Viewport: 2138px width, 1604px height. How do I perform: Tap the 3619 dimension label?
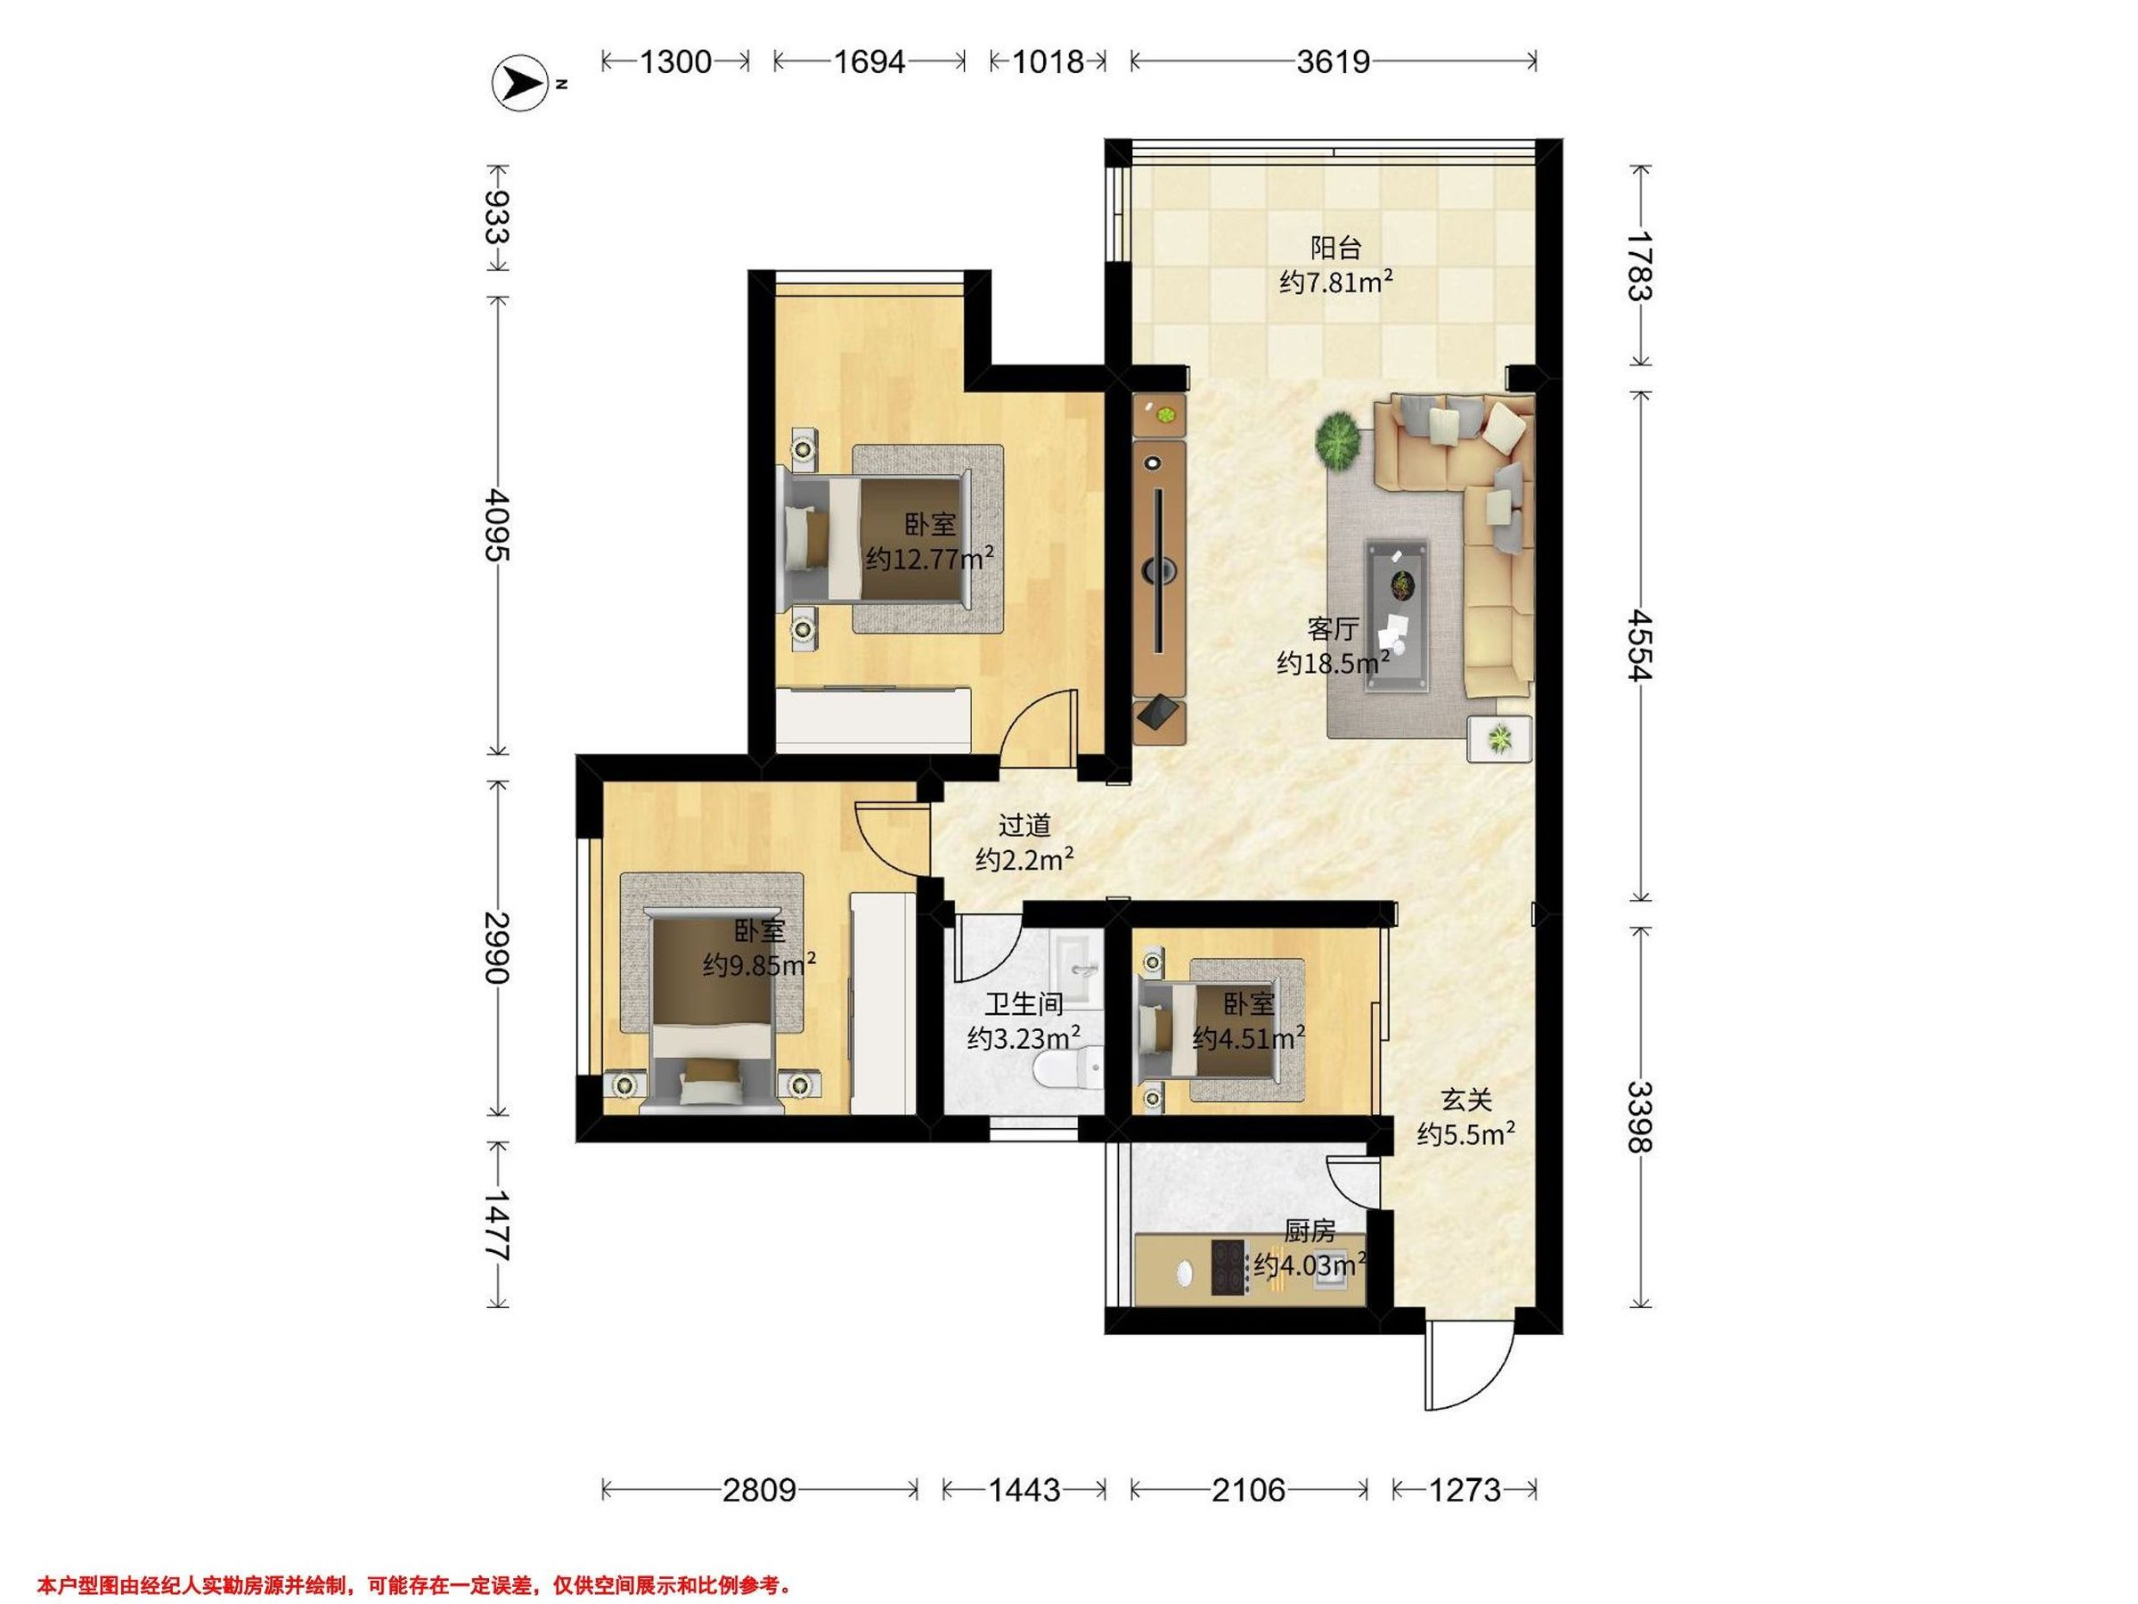[x=1333, y=61]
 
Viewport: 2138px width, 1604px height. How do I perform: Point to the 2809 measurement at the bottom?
[x=760, y=1490]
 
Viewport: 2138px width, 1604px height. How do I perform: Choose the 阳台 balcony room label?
[x=1335, y=249]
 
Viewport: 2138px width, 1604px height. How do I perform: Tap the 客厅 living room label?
[x=1333, y=629]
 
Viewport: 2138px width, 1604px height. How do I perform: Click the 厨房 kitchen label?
[x=1310, y=1231]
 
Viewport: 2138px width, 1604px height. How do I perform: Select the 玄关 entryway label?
[x=1466, y=1100]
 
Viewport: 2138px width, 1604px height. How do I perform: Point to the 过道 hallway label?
[x=1024, y=824]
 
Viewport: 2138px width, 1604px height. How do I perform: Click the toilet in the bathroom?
[x=1068, y=1070]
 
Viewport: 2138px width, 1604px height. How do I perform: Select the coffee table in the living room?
[x=1397, y=617]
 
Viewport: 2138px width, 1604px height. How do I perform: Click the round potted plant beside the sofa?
[x=1339, y=441]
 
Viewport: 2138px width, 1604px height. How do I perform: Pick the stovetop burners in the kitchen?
[x=1228, y=1266]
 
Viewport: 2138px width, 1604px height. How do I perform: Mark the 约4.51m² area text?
[x=1249, y=1038]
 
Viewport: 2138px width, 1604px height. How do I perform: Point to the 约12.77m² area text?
[x=930, y=559]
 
